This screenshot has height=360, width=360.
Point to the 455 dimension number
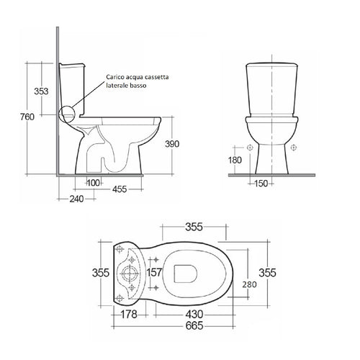pyautogui.click(x=121, y=189)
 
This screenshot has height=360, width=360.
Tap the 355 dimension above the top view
pyautogui.click(x=192, y=228)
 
